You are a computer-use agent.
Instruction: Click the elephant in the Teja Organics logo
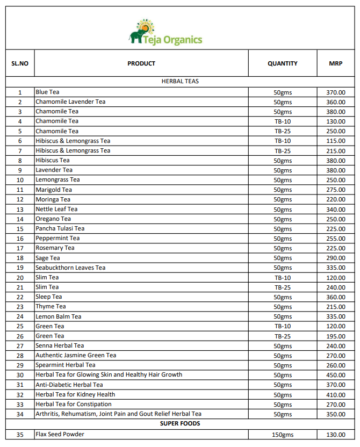[136, 36]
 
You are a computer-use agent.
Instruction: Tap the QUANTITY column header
[282, 63]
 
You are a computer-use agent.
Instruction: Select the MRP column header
[336, 63]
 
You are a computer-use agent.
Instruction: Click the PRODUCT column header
[141, 63]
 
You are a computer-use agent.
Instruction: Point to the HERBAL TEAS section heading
[180, 81]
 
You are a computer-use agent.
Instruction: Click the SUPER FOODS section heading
[180, 423]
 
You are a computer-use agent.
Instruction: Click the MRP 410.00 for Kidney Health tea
[336, 394]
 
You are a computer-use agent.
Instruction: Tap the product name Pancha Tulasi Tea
[60, 228]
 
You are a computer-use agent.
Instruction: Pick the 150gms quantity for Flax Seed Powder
[283, 435]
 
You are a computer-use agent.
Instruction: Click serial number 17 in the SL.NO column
[20, 248]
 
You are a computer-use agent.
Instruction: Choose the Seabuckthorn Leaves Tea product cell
[70, 268]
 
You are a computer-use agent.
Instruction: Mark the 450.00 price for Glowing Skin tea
[336, 375]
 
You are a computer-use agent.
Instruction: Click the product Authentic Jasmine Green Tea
[76, 355]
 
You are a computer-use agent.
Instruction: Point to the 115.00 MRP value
[336, 141]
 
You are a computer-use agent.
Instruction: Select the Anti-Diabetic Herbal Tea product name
[69, 385]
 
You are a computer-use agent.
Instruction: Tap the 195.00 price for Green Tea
[336, 336]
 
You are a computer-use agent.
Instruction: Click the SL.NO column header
[20, 63]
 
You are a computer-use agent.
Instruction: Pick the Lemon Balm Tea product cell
[59, 316]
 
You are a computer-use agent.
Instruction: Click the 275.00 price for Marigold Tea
[336, 190]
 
